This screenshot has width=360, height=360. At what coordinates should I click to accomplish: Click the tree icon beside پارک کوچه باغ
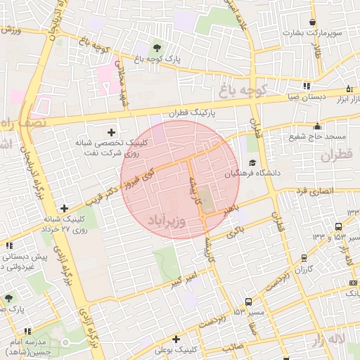click(155, 49)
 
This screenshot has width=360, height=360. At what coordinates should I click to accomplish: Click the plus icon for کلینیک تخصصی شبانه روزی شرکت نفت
click(111, 131)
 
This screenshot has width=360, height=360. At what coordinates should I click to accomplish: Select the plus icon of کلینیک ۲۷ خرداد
click(65, 208)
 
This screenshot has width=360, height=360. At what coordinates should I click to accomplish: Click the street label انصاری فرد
click(311, 191)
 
